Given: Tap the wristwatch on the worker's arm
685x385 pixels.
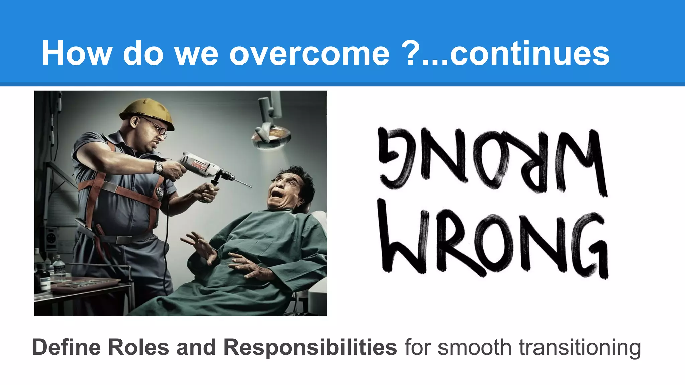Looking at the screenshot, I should point(158,167).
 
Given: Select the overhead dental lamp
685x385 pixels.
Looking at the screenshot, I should point(271,137).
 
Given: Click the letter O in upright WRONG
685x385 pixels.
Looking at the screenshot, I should point(493,243).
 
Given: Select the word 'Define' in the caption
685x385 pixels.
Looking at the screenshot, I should point(67,347).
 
